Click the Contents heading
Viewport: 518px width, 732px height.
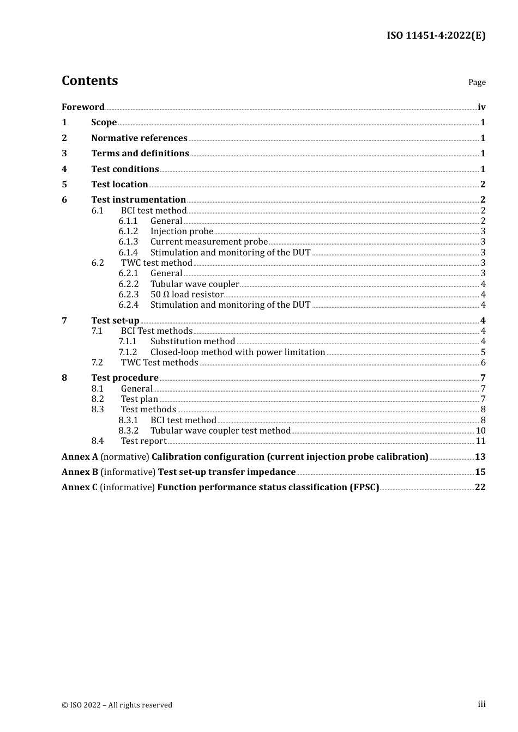pos(89,81)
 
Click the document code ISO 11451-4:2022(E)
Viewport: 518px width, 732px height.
pos(436,35)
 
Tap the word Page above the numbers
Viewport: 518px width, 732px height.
pos(477,82)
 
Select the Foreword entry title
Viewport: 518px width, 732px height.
pos(83,107)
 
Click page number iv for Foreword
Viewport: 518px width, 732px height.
pos(481,107)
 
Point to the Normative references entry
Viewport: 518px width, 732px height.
pos(139,138)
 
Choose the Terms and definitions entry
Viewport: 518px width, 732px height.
pos(140,154)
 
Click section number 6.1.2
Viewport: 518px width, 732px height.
pos(128,231)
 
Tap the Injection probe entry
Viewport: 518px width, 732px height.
pos(182,231)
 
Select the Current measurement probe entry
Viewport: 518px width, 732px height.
pos(209,242)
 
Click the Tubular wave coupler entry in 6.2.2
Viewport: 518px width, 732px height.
pos(195,284)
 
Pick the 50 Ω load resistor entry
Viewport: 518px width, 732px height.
pos(187,295)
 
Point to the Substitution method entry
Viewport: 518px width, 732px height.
pos(192,341)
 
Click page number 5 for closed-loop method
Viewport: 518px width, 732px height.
pos(483,352)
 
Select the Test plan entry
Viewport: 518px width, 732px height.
pos(140,399)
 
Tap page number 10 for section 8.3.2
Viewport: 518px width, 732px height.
pos(480,431)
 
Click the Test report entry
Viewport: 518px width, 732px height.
pos(144,441)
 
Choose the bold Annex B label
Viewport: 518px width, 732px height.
pos(80,472)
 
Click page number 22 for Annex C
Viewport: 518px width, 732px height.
pos(480,487)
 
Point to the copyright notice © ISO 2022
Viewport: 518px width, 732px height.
pos(117,705)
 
